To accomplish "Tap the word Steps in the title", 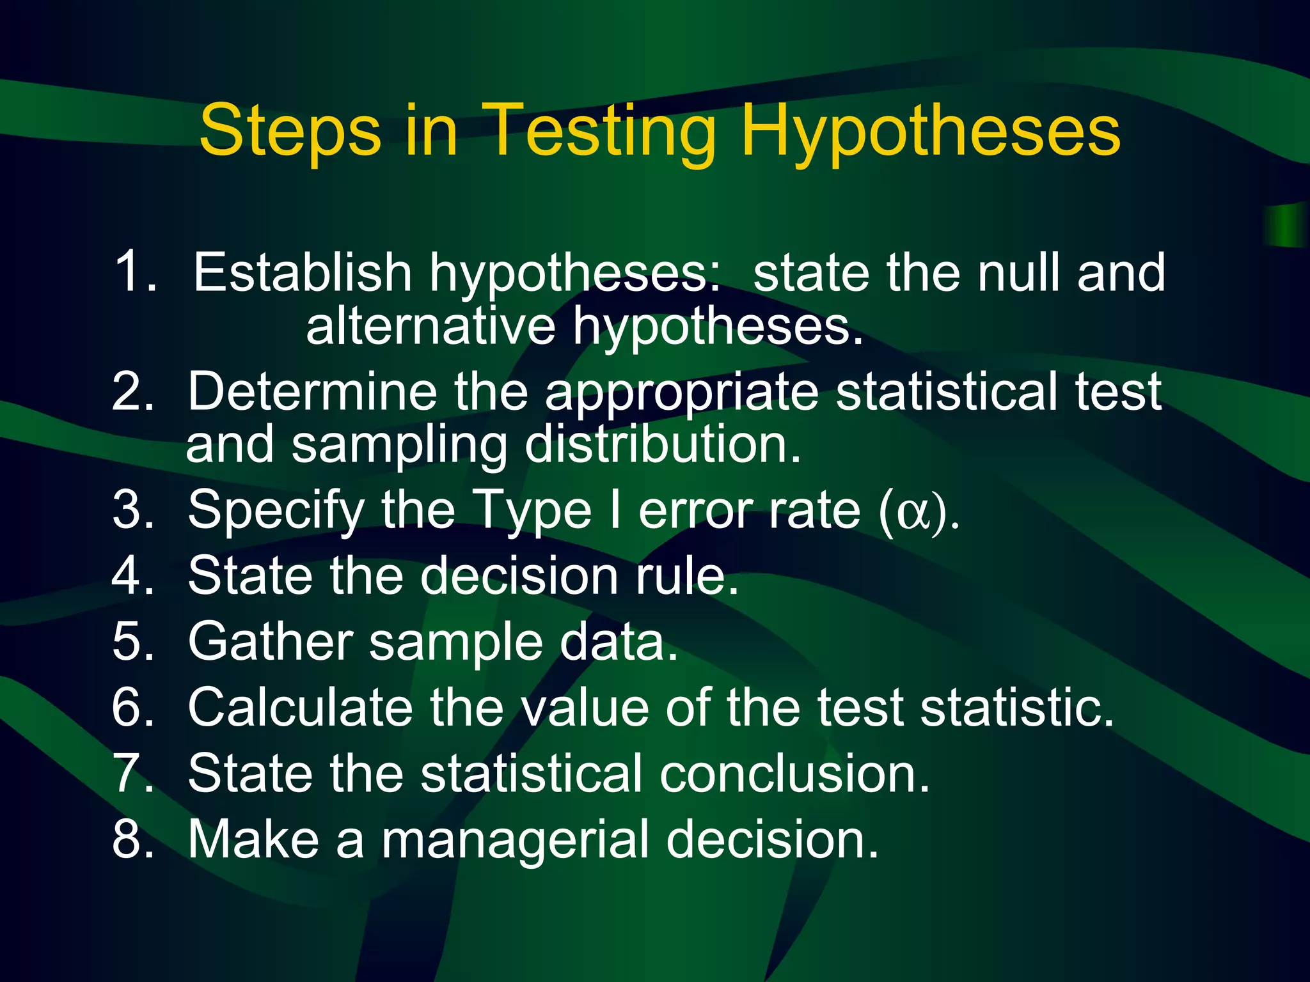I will tap(290, 133).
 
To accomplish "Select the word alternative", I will tap(430, 326).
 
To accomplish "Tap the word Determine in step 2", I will tap(312, 391).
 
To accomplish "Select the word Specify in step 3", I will tap(276, 511).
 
